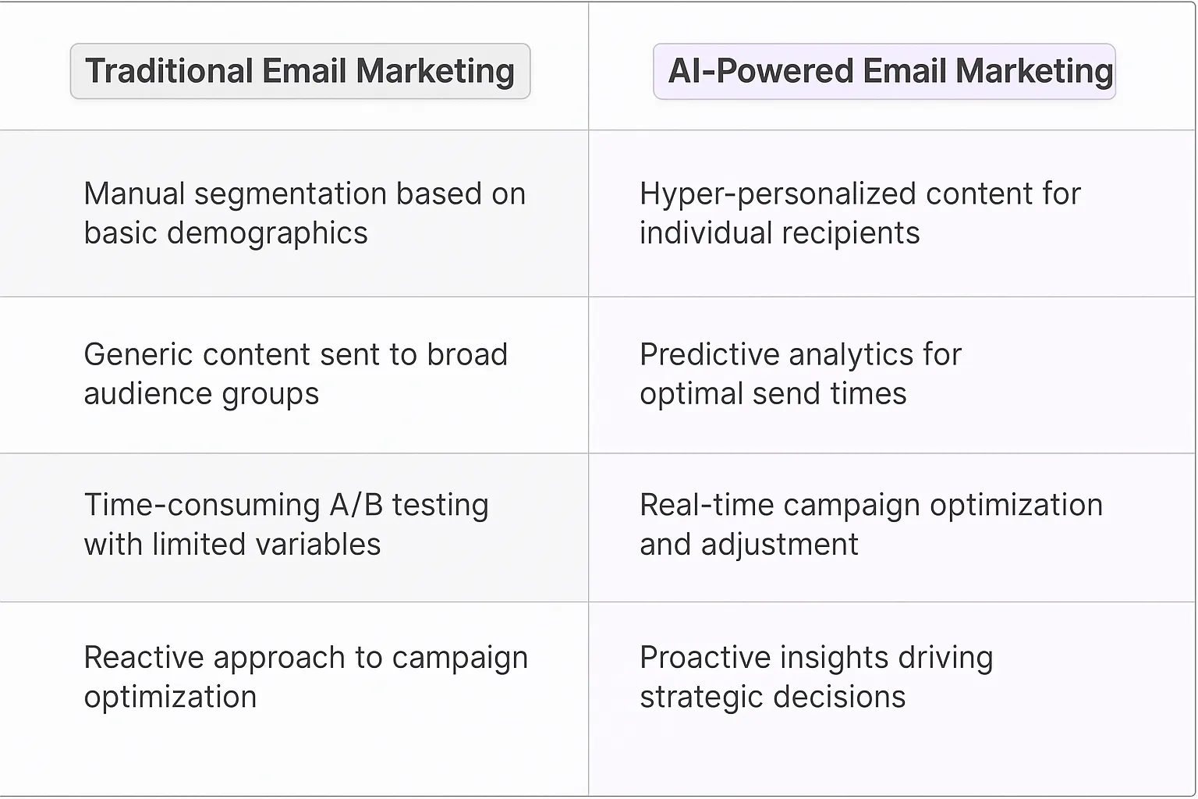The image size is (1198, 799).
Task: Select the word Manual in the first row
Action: (134, 194)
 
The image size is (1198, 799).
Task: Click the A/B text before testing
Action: (356, 506)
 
